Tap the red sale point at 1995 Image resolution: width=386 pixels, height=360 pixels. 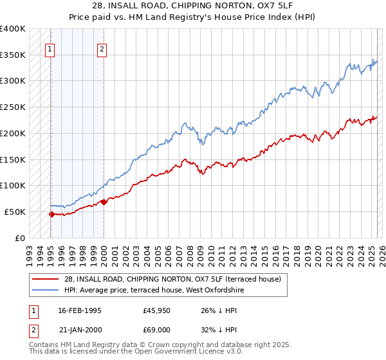click(51, 214)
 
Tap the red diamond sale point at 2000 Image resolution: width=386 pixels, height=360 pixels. click(104, 202)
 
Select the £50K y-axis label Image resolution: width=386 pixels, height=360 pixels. click(15, 212)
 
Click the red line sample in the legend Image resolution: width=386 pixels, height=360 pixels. click(45, 280)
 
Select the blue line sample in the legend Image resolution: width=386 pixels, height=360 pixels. click(45, 291)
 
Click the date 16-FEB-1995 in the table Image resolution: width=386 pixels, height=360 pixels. click(79, 310)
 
